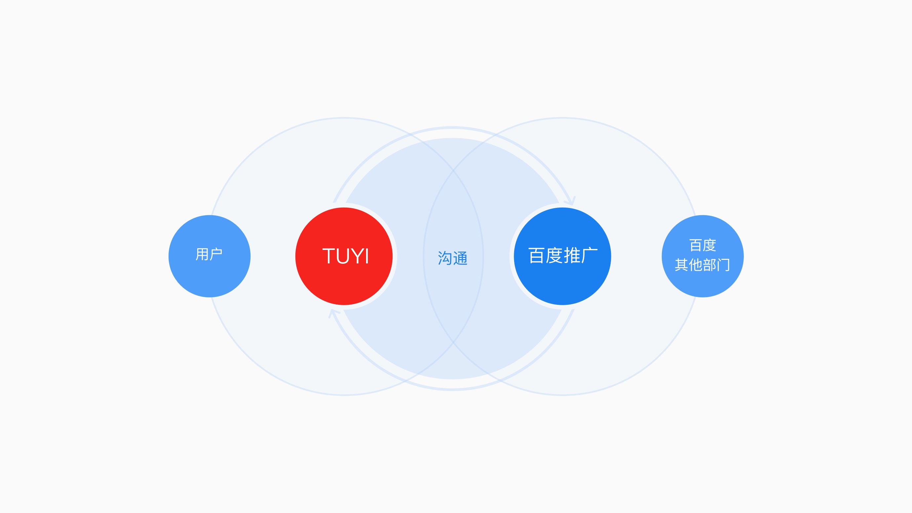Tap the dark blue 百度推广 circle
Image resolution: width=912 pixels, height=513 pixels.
[x=562, y=280]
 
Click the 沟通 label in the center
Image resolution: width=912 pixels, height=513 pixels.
[x=452, y=258]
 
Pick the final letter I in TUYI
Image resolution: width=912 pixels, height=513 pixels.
[x=367, y=256]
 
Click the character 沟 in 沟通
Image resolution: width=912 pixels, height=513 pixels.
[x=445, y=258]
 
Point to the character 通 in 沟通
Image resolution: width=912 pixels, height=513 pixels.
[x=460, y=258]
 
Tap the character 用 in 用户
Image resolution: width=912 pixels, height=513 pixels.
[x=202, y=254]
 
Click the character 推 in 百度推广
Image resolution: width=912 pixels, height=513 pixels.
[x=572, y=255]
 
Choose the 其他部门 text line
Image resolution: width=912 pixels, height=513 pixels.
[x=703, y=264]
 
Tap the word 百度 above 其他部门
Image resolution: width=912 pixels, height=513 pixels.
[x=703, y=245]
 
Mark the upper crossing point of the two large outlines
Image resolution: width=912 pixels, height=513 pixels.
[x=453, y=170]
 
